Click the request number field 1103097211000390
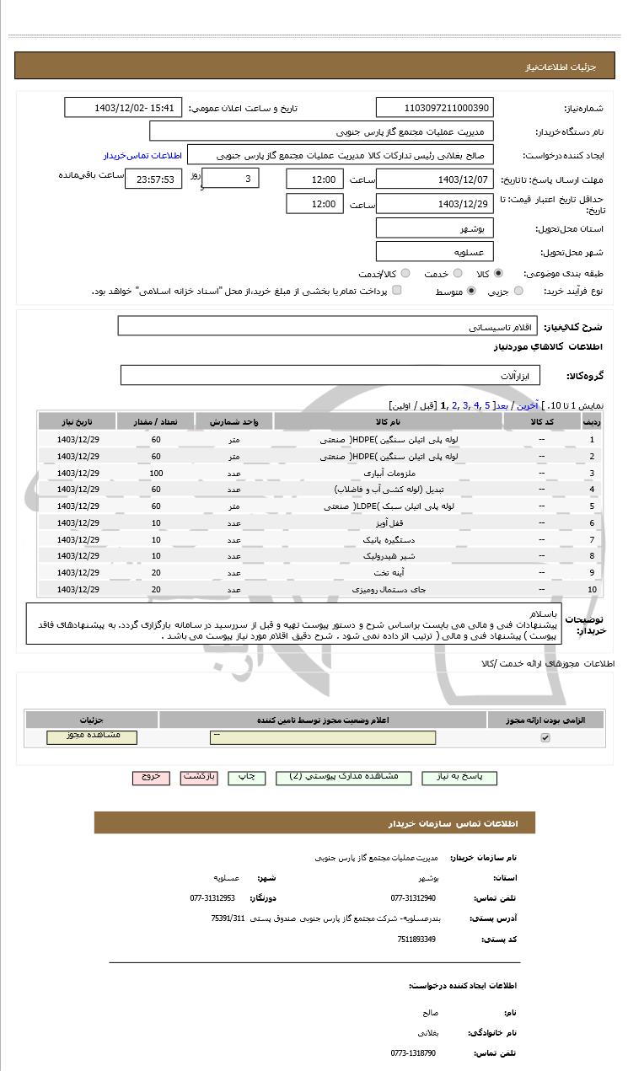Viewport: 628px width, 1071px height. (434, 108)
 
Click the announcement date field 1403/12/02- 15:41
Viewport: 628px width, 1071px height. (123, 108)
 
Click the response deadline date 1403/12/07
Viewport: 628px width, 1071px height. (434, 179)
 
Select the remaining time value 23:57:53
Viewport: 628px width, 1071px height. (153, 179)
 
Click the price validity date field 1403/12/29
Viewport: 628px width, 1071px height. (434, 204)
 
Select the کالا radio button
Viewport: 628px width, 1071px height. (498, 274)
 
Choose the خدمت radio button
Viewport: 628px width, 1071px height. (458, 274)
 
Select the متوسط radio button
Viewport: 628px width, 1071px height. (470, 291)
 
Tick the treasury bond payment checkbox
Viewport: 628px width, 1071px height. (397, 291)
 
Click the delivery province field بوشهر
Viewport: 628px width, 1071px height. (434, 228)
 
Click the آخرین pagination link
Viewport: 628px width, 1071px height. (527, 405)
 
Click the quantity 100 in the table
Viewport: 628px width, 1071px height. (156, 473)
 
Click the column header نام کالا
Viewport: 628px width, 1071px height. (388, 421)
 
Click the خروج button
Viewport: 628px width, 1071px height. (151, 777)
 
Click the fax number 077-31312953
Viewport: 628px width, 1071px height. (212, 898)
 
